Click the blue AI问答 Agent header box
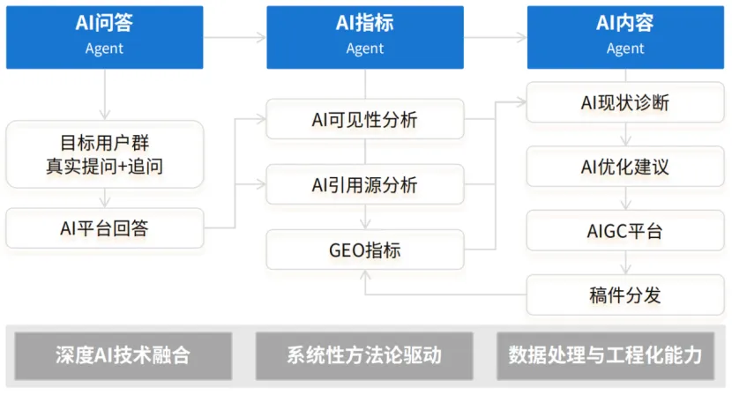click(x=104, y=36)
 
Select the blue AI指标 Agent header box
click(x=364, y=36)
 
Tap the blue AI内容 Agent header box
click(x=624, y=36)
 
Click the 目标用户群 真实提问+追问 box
click(x=104, y=153)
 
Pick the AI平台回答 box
click(x=104, y=228)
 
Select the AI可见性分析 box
click(x=364, y=119)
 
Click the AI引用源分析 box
click(x=364, y=185)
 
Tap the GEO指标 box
click(x=364, y=250)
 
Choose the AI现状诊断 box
click(x=624, y=102)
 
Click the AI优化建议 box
click(x=624, y=167)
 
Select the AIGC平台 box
click(x=624, y=231)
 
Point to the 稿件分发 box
click(x=624, y=294)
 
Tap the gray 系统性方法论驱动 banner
click(x=364, y=355)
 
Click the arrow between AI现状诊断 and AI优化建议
click(x=624, y=135)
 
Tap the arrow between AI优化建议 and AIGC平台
click(x=624, y=199)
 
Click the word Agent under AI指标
click(x=364, y=48)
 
